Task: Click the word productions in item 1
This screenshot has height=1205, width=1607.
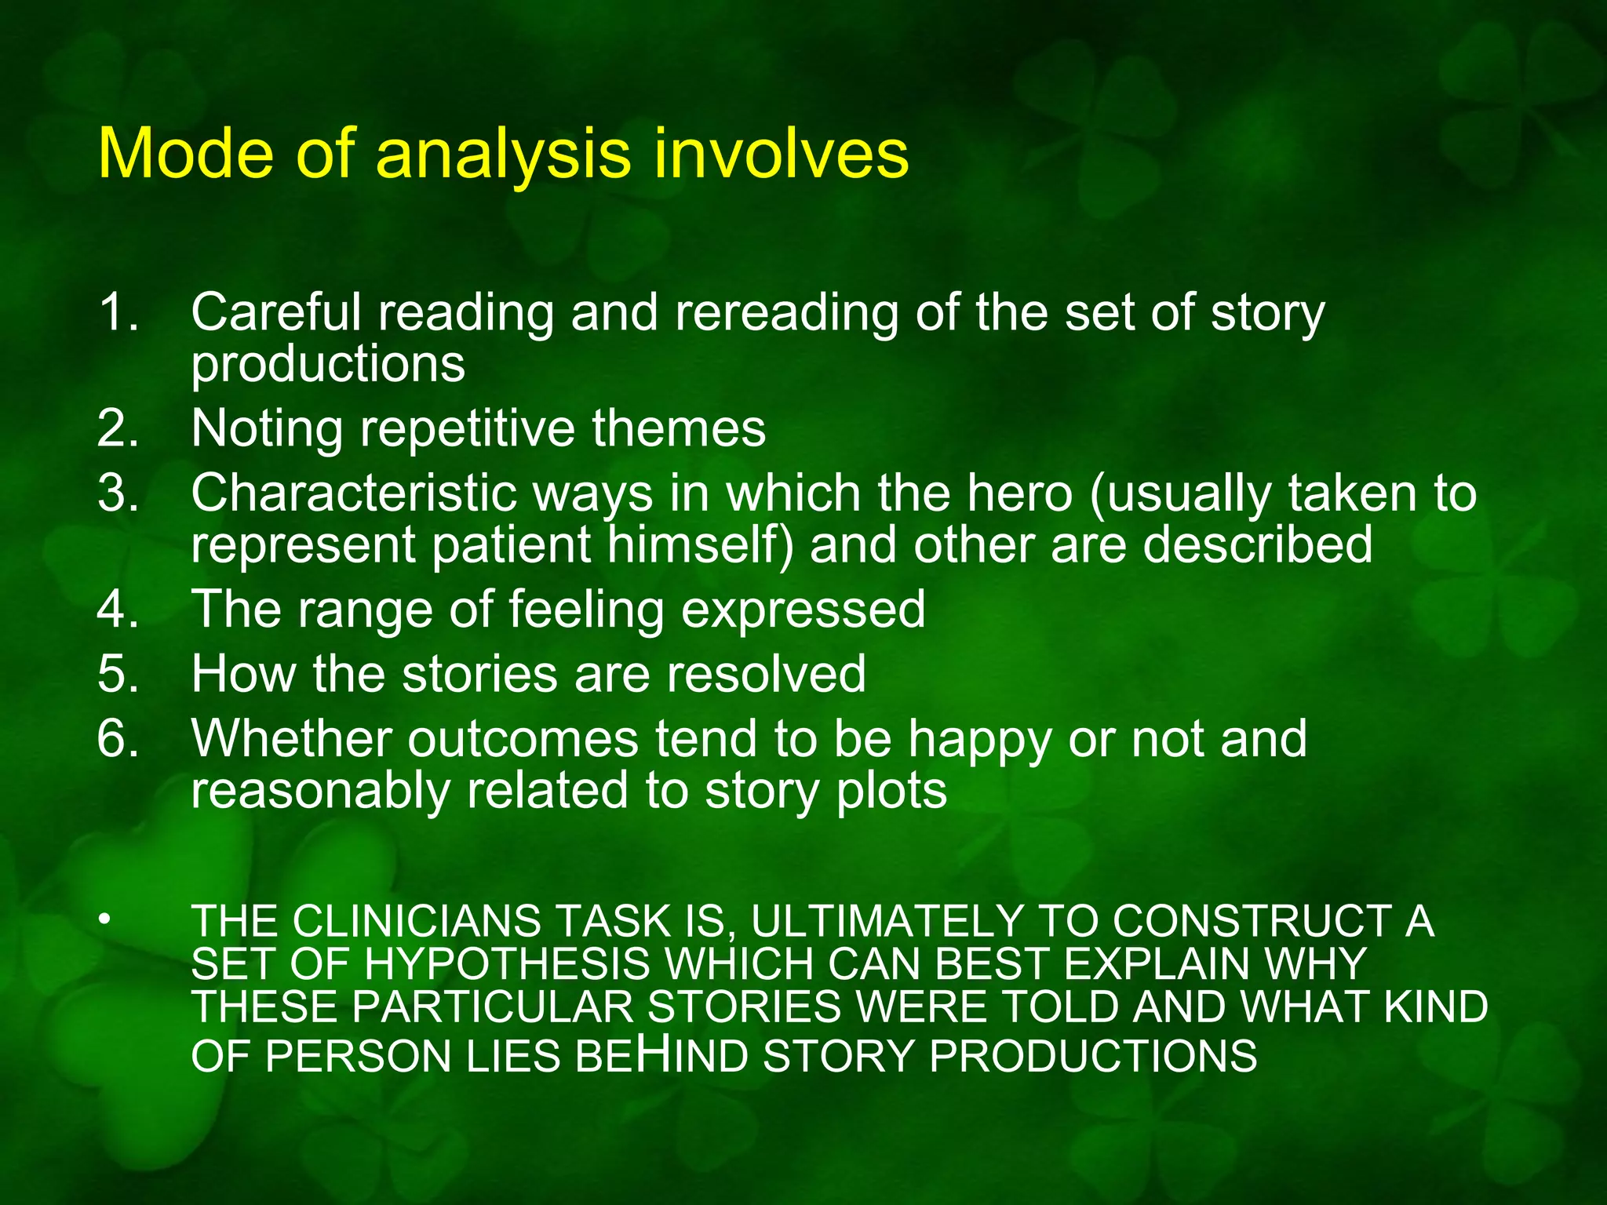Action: point(328,365)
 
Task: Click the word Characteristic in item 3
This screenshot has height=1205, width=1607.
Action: point(354,494)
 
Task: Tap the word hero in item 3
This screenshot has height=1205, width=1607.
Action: point(1019,494)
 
